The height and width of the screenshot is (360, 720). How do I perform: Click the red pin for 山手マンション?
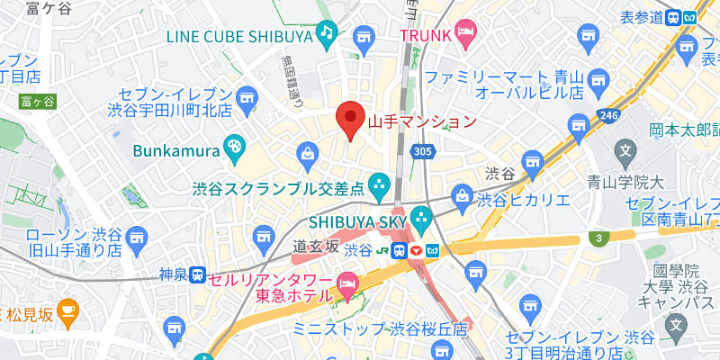tap(350, 119)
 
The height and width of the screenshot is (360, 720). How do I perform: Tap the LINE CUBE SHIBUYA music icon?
tap(325, 35)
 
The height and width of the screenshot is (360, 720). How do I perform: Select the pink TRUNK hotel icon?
tap(464, 35)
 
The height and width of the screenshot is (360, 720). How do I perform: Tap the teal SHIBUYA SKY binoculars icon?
tap(420, 218)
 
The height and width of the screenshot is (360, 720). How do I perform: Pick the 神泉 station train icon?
tap(196, 275)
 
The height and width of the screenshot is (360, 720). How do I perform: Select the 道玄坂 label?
tap(316, 246)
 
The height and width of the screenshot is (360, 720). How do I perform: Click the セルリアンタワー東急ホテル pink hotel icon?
tap(346, 288)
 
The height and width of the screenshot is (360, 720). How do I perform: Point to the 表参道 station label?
tap(639, 16)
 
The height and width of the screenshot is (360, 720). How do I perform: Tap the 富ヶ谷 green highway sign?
tap(37, 101)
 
